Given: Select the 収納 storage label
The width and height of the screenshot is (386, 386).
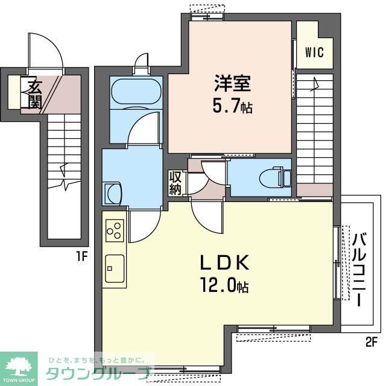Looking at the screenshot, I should click(x=176, y=183).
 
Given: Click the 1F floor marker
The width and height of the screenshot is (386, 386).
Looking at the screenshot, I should click(x=82, y=256).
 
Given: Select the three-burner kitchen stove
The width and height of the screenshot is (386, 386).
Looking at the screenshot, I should click(x=115, y=230).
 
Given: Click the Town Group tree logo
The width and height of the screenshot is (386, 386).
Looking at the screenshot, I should click(x=20, y=364).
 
